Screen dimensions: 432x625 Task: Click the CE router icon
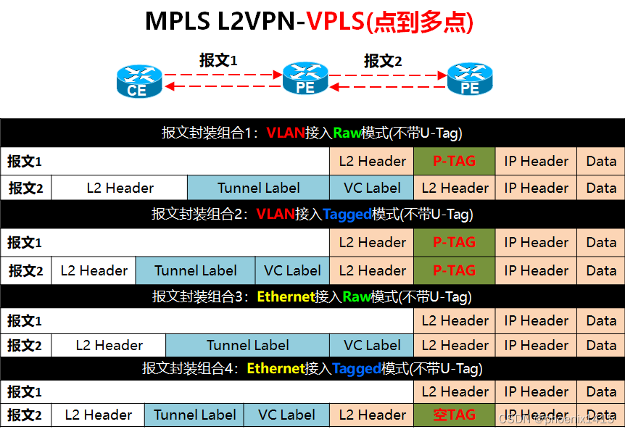pyautogui.click(x=137, y=80)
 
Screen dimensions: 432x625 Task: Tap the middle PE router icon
pyautogui.click(x=305, y=79)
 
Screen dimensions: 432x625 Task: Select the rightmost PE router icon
pyautogui.click(x=470, y=79)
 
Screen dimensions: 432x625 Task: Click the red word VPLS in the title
pyautogui.click(x=335, y=22)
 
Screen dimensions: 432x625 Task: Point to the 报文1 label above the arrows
pyautogui.click(x=219, y=61)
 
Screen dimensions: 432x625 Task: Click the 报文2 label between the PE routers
pyautogui.click(x=383, y=61)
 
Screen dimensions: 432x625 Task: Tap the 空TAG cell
pyautogui.click(x=454, y=415)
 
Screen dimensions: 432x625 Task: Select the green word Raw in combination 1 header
pyautogui.click(x=347, y=133)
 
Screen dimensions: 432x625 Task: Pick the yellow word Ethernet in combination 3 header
pyautogui.click(x=286, y=297)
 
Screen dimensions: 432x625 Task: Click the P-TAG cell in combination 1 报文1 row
pyautogui.click(x=454, y=161)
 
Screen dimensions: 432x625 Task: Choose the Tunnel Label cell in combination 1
pyautogui.click(x=259, y=188)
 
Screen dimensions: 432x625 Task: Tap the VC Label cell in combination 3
pyautogui.click(x=372, y=345)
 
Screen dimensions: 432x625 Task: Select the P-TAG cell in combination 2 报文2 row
pyautogui.click(x=454, y=270)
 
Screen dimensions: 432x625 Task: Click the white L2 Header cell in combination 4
pyautogui.click(x=98, y=415)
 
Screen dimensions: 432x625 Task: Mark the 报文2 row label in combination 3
pyautogui.click(x=25, y=345)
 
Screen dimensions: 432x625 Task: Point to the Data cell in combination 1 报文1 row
pyautogui.click(x=600, y=161)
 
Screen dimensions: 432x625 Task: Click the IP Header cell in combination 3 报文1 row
pyautogui.click(x=537, y=320)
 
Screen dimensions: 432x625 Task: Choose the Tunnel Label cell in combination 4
pyautogui.click(x=194, y=415)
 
